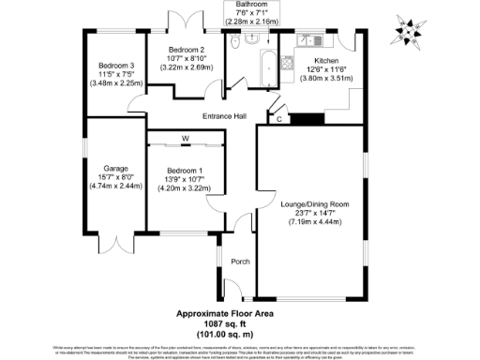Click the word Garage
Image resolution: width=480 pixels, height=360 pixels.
coord(112,167)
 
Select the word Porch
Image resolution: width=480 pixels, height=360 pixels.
coord(240,262)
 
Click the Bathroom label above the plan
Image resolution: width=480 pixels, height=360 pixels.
coord(247,5)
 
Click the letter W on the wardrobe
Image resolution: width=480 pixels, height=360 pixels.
coord(186,139)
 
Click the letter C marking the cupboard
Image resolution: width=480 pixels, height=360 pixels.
coord(269,118)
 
